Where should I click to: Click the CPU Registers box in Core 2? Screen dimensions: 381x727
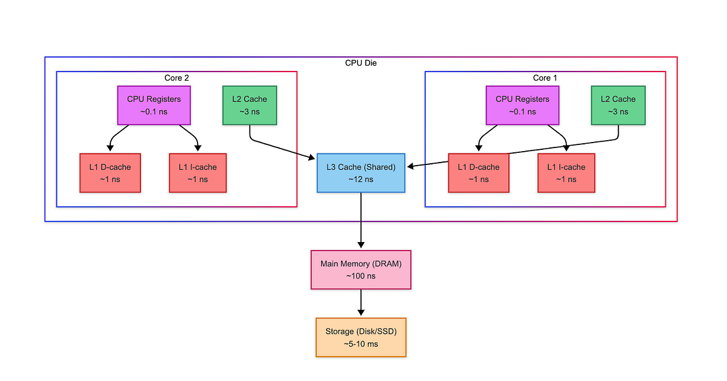point(154,105)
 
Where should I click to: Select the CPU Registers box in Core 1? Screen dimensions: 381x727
point(522,105)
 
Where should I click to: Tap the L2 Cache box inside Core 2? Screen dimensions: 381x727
point(250,105)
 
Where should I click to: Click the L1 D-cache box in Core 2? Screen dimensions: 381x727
point(110,173)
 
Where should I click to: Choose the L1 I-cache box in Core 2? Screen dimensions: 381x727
point(198,173)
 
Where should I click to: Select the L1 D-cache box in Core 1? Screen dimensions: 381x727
point(479,173)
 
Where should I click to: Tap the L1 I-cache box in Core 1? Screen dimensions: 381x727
point(566,173)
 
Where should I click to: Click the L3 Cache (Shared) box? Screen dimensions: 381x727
point(361,173)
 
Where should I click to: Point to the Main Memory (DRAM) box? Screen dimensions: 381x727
point(361,269)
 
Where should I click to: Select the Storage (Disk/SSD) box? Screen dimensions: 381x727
point(361,337)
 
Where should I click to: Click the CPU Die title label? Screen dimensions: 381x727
point(361,62)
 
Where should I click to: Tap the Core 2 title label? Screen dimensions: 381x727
point(176,78)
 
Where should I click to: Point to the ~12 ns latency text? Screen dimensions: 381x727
point(361,179)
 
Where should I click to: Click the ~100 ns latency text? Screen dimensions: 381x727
point(361,275)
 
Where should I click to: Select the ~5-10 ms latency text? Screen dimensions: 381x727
point(361,343)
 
